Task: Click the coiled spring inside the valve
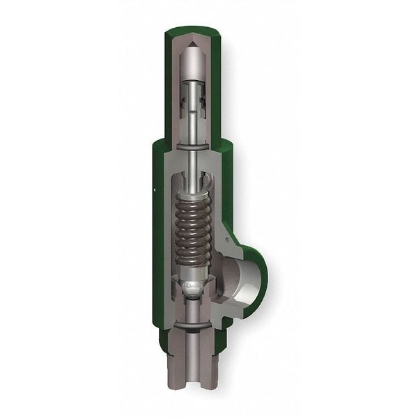point(193,223)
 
